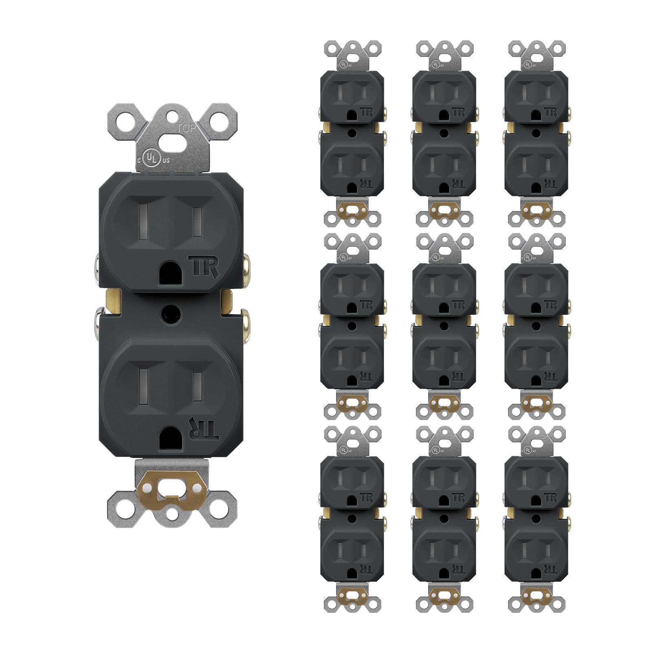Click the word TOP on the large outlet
[x=186, y=128]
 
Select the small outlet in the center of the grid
[x=444, y=326]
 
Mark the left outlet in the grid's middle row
[x=352, y=326]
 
